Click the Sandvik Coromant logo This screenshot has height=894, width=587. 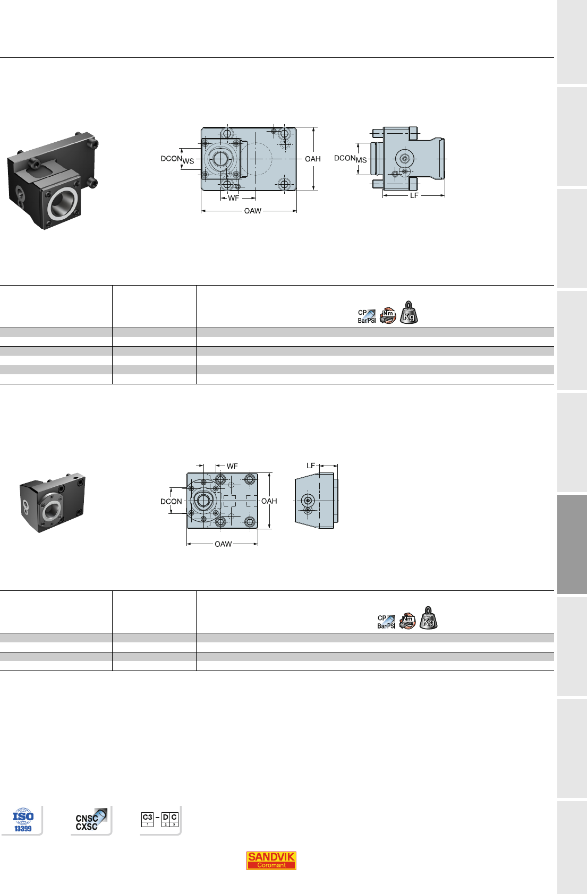pos(271,860)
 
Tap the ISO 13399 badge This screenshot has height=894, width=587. pos(23,820)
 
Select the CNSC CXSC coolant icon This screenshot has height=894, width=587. pos(91,819)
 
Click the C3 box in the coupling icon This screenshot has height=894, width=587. pos(147,819)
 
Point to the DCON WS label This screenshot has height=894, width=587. pos(177,159)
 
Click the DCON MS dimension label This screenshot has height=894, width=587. pos(350,159)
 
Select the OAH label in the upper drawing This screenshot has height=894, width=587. pos(313,159)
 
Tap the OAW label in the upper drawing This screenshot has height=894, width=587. pos(253,211)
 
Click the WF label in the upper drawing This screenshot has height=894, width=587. pos(234,198)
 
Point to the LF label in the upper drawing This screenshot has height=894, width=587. pos(414,195)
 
